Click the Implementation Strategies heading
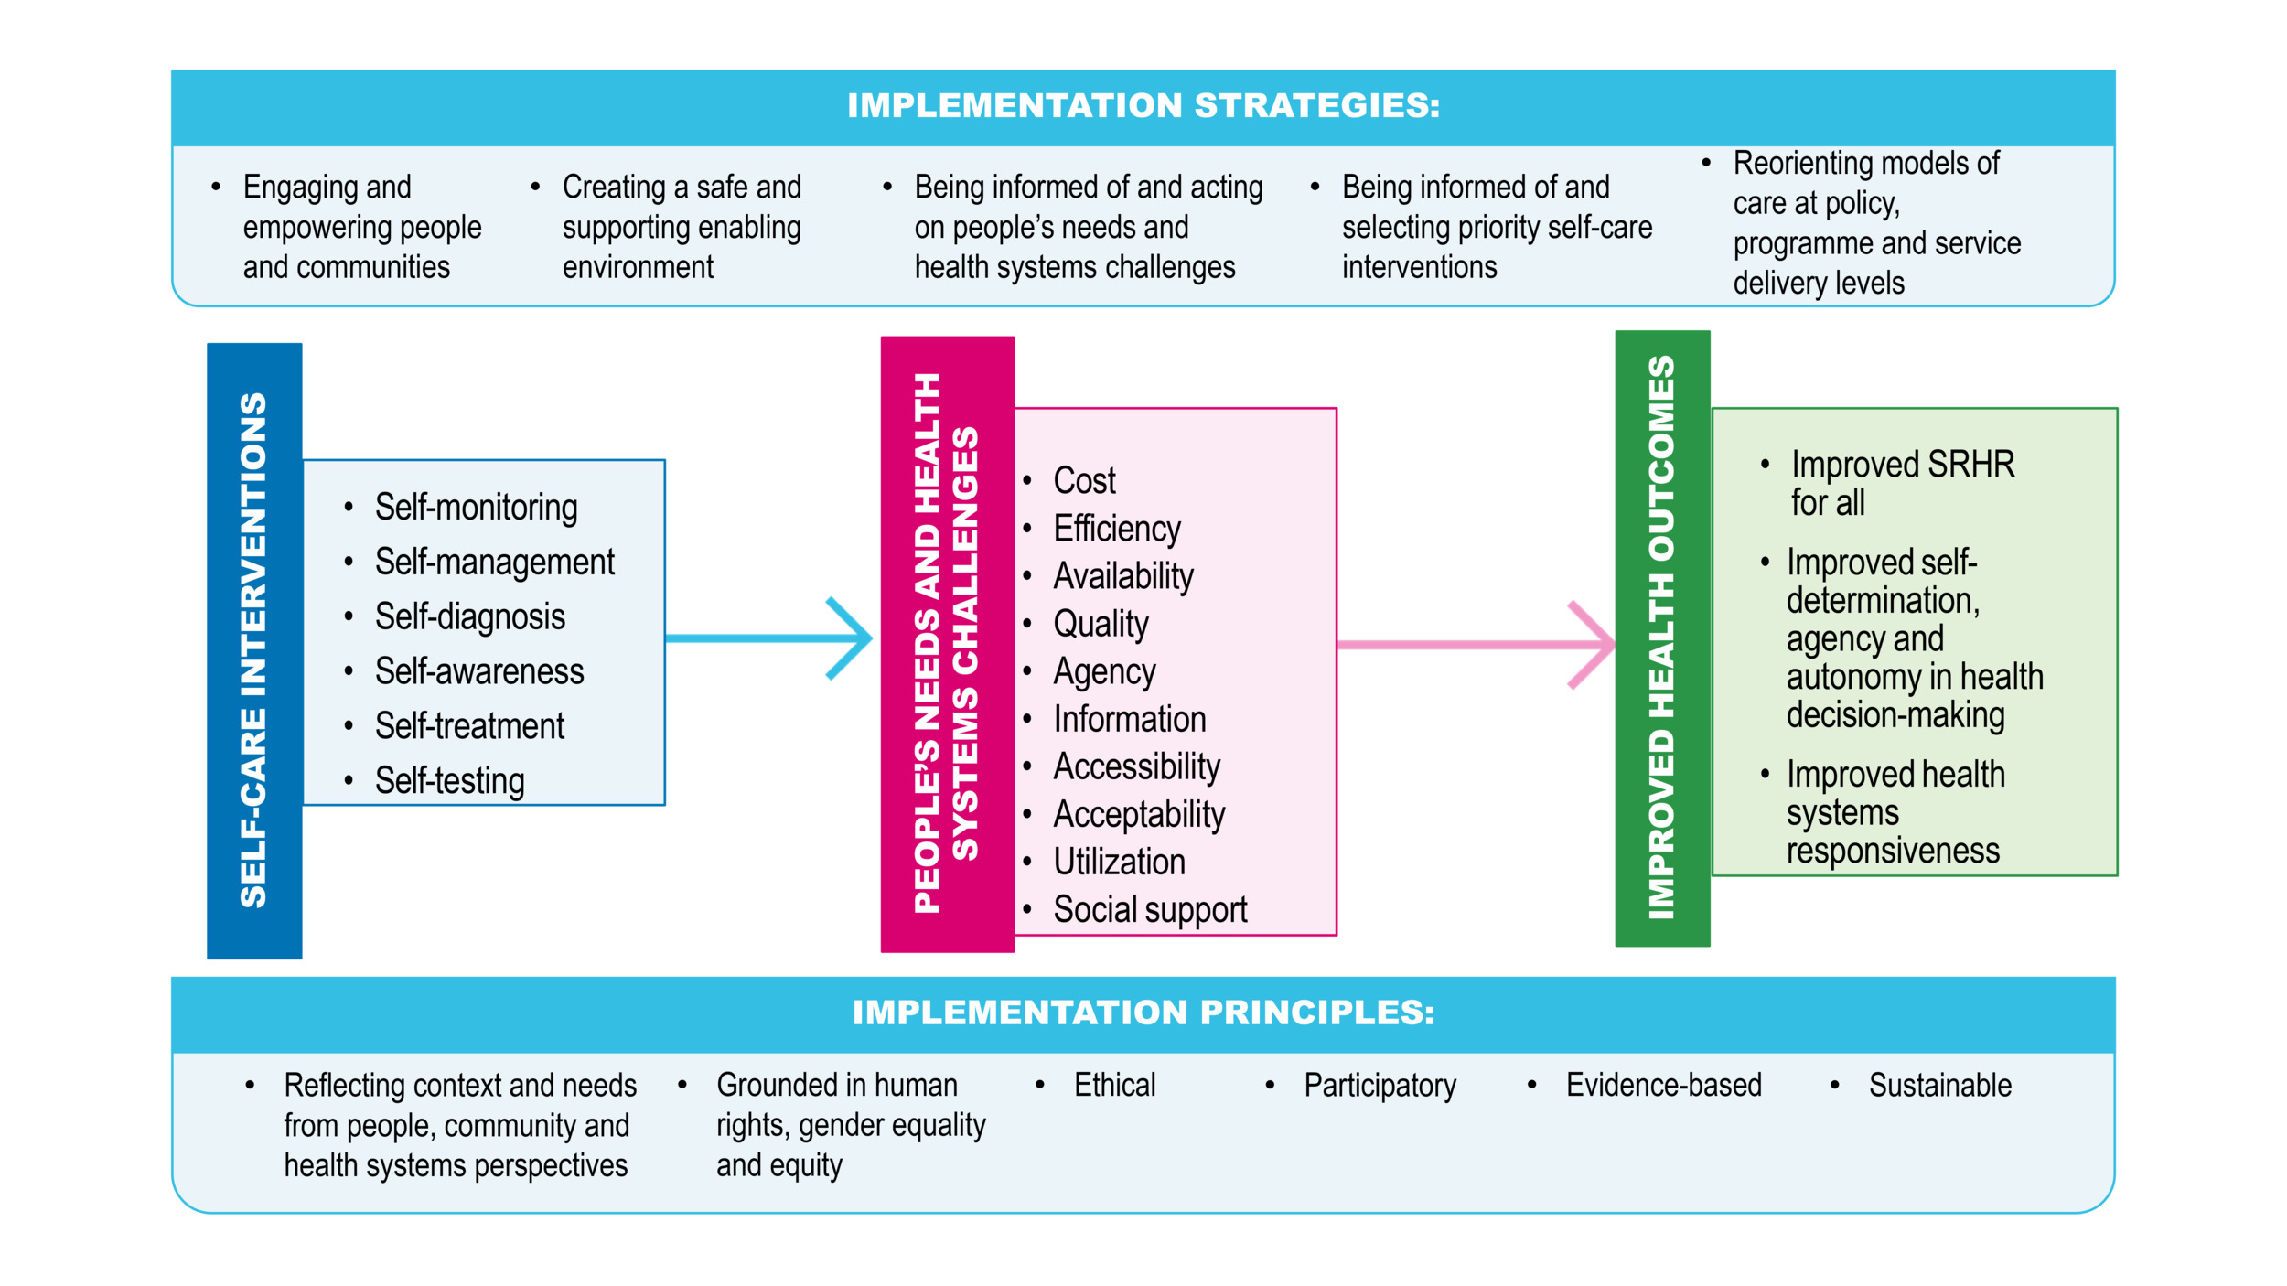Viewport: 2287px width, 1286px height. pos(1143,105)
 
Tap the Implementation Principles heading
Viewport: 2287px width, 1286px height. pos(1143,1013)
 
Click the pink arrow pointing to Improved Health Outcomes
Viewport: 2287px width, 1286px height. pos(1473,645)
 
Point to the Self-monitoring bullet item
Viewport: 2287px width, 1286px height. pos(476,508)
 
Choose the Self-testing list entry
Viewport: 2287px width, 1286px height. pos(449,781)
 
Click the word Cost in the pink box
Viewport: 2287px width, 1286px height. pos(1084,481)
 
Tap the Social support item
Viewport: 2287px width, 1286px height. pos(1149,910)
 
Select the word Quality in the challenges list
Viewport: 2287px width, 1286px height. pos(1101,624)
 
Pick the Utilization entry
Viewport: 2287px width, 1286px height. pos(1119,862)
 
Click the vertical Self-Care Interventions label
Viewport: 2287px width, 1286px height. pos(254,650)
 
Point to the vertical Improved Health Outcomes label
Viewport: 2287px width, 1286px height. pos(1661,638)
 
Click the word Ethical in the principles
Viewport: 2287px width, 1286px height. pos(1114,1085)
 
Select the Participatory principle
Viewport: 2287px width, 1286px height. pos(1380,1086)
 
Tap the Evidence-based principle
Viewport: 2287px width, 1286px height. pos(1663,1085)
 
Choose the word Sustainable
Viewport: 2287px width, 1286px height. pos(1939,1085)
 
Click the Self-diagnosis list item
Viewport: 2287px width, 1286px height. pos(469,617)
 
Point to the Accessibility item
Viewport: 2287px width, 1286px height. pos(1136,766)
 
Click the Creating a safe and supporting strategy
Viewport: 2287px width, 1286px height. pos(682,227)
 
